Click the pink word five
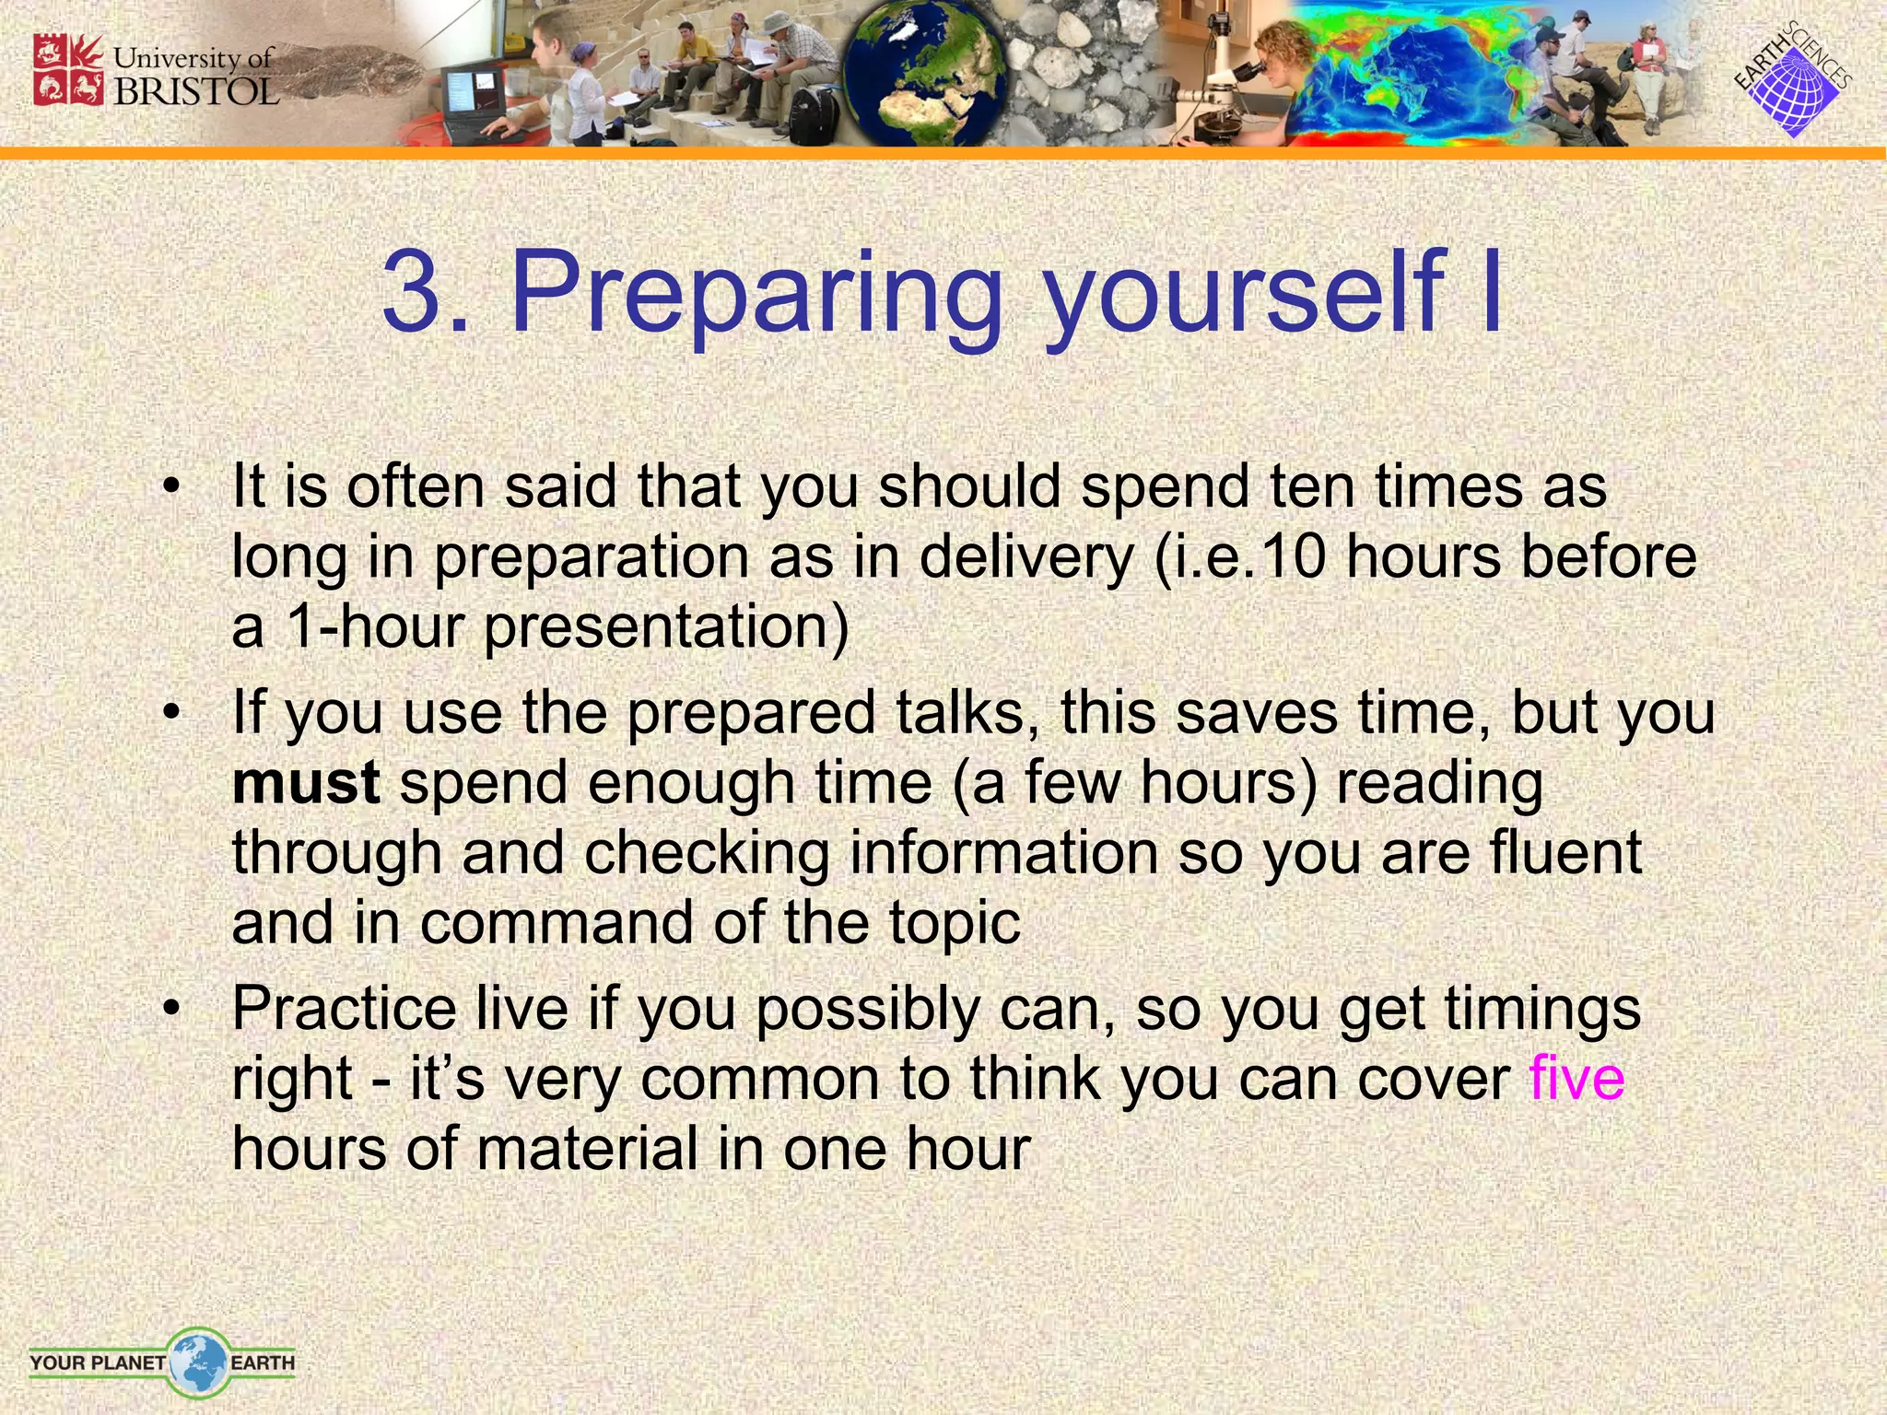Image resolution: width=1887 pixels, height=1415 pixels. pyautogui.click(x=1576, y=1079)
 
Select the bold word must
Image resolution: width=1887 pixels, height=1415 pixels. pyautogui.click(x=305, y=783)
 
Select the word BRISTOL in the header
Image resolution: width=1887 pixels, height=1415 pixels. pyautogui.click(x=195, y=91)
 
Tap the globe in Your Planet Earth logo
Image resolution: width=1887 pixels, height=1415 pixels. pyautogui.click(x=197, y=1362)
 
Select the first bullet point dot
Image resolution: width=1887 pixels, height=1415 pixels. pyautogui.click(x=170, y=488)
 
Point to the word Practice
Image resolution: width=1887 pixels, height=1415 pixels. pyautogui.click(x=344, y=1009)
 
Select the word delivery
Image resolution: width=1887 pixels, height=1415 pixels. pyautogui.click(x=1026, y=557)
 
